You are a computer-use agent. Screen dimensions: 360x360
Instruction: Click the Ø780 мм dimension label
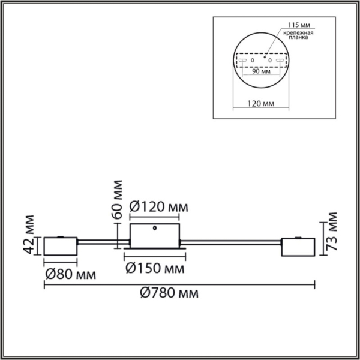169,294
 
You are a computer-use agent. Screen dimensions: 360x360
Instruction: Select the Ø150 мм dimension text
154,268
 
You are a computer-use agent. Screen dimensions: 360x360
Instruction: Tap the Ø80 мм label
70,275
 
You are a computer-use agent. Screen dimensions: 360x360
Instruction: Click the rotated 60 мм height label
118,197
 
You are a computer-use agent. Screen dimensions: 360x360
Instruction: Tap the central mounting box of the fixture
155,235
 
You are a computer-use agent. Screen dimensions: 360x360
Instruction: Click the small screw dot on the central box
156,229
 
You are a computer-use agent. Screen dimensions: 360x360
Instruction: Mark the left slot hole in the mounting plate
244,61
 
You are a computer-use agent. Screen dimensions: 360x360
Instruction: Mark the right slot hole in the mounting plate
278,61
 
